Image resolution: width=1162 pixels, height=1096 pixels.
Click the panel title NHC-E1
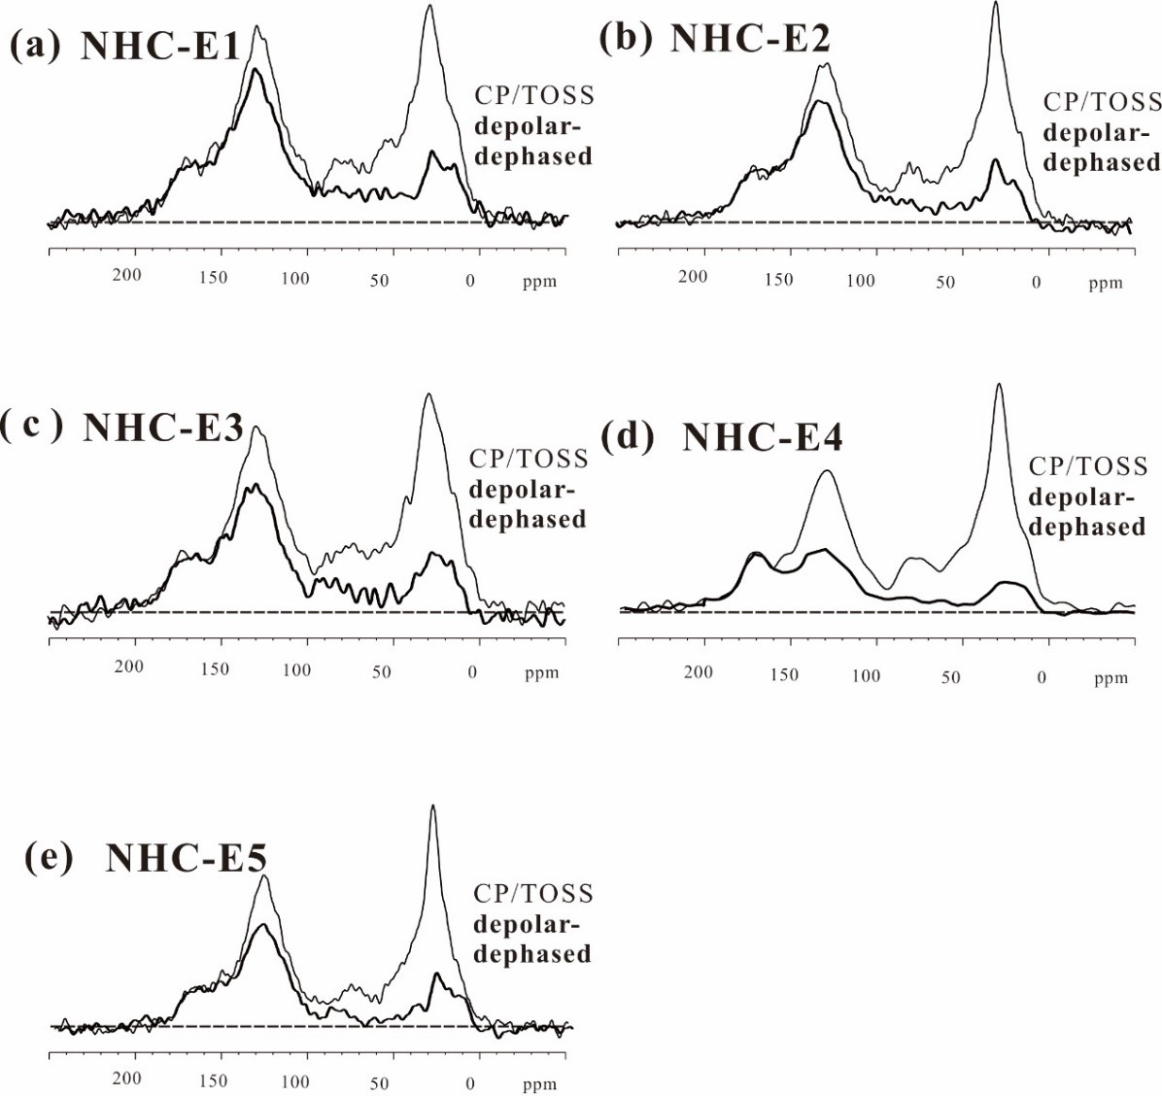point(160,47)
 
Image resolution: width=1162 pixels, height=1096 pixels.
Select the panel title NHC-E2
point(750,39)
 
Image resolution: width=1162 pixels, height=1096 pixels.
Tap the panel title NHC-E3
point(163,428)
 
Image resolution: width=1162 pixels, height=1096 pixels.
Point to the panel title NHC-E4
point(762,437)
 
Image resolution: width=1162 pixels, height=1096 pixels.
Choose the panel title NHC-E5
point(186,858)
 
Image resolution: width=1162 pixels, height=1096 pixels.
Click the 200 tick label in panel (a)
point(126,275)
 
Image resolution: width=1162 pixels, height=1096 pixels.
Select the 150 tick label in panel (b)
point(778,280)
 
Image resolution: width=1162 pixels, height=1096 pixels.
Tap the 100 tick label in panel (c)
point(296,669)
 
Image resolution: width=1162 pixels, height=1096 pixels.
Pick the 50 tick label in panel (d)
point(950,676)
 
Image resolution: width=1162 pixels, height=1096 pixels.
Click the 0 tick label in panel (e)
point(471,1082)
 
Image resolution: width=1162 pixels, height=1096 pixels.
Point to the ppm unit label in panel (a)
point(539,282)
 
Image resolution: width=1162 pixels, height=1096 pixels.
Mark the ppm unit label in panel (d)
point(1111,678)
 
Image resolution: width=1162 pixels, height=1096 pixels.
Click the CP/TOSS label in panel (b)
point(1103,102)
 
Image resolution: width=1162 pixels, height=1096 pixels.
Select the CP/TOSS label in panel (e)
point(532,893)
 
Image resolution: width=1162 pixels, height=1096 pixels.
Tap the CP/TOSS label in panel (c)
point(529,459)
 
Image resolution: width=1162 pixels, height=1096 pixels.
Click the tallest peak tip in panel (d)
point(999,385)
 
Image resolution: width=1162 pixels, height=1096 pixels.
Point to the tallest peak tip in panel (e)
point(432,805)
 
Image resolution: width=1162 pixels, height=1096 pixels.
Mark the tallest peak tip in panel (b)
point(996,3)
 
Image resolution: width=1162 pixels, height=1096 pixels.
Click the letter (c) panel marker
point(33,427)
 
